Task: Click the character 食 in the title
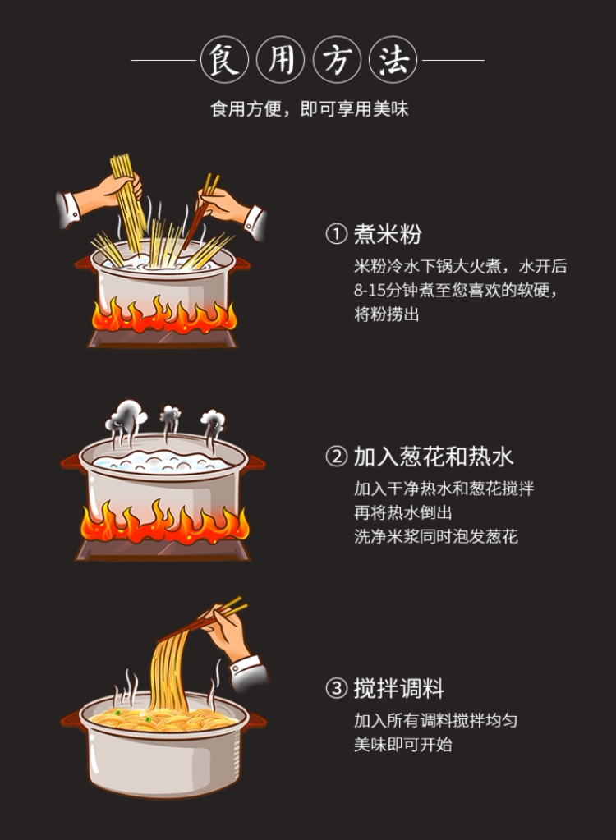click(223, 60)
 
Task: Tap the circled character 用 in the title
click(280, 60)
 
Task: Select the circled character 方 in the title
click(337, 60)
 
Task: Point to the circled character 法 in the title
click(393, 60)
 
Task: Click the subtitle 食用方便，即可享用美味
click(309, 109)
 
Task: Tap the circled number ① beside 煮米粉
click(337, 235)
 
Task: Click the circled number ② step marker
click(337, 457)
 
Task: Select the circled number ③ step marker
click(337, 688)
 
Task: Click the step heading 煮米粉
click(388, 235)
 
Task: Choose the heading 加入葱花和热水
click(434, 457)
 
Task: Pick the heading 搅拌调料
click(399, 688)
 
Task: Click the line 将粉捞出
click(387, 314)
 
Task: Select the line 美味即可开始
click(403, 745)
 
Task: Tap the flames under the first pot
click(164, 316)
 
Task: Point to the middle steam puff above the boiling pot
click(170, 415)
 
